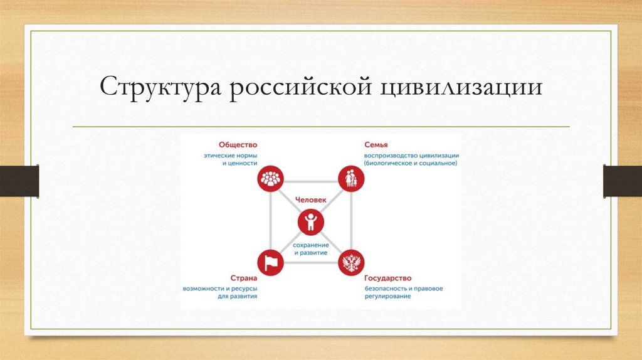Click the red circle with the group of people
coord(271,179)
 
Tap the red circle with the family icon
coord(352,179)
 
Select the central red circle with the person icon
coord(311,221)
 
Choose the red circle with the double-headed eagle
coord(352,262)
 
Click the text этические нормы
coord(230,154)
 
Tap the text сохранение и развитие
coord(311,247)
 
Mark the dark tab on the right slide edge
coord(623,181)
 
